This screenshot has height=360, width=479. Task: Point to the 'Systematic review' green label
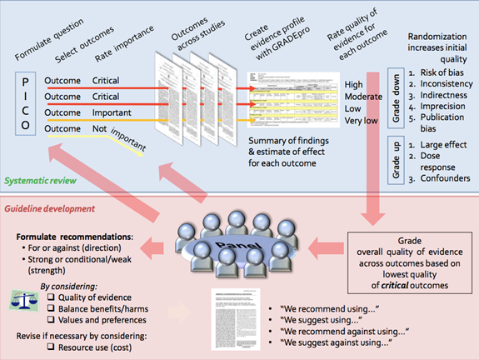pyautogui.click(x=42, y=180)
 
